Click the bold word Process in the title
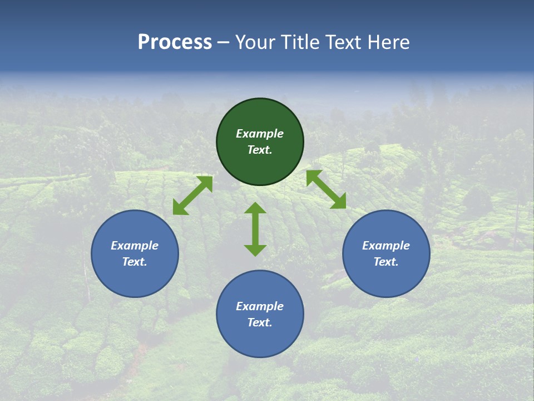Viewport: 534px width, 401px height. [x=175, y=42]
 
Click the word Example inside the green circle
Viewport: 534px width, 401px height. [x=260, y=134]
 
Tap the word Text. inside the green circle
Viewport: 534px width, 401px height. [x=260, y=150]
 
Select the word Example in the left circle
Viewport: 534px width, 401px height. [x=135, y=246]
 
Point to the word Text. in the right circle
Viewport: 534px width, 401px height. [x=386, y=262]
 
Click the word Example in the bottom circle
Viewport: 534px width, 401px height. [x=260, y=306]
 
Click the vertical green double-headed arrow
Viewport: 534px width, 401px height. [x=255, y=229]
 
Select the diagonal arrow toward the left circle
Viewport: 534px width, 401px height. [x=192, y=195]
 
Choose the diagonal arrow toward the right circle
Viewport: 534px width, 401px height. [x=326, y=189]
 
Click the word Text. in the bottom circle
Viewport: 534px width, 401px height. [x=260, y=322]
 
